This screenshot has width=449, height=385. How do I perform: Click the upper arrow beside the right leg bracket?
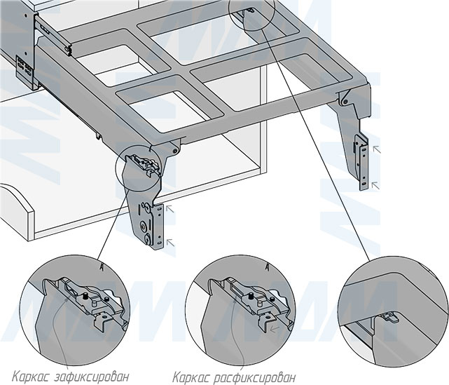pos(376,149)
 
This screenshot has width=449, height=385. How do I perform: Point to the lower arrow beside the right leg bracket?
pos(376,184)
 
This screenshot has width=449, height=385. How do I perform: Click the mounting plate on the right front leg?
pos(361,161)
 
